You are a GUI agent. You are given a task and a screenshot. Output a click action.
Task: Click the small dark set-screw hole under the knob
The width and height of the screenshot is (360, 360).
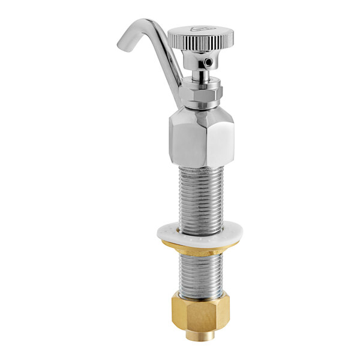208,62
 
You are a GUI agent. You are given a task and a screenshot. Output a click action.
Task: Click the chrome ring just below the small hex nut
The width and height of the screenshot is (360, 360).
201,104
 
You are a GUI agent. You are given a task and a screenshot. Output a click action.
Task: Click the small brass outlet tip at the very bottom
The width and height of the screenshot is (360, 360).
195,335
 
